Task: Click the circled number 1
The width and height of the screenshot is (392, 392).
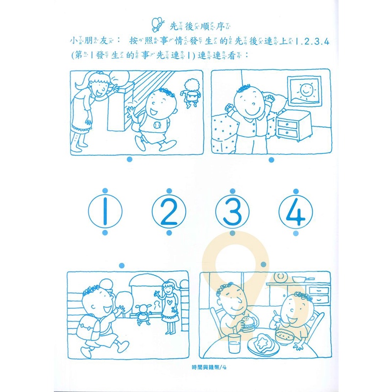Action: [x=105, y=211]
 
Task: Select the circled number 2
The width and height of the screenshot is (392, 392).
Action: [x=169, y=211]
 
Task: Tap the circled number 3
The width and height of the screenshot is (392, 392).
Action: [x=232, y=211]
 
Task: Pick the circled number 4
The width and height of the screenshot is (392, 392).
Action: [x=296, y=212]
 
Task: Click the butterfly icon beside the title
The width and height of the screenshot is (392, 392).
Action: [x=158, y=24]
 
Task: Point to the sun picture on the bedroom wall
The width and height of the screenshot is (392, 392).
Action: [x=304, y=91]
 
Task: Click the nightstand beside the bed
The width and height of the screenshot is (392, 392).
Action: [x=293, y=126]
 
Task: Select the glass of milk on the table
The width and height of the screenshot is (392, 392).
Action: [x=234, y=343]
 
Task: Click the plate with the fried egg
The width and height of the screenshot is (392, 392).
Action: [x=263, y=345]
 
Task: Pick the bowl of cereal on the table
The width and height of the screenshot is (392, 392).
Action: [x=285, y=336]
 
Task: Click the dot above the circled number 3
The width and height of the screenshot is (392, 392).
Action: [x=232, y=191]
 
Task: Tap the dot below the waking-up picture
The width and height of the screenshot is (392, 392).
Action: [x=271, y=160]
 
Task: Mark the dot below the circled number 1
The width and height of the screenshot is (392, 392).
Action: [x=105, y=233]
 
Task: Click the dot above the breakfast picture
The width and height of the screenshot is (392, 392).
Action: [x=263, y=264]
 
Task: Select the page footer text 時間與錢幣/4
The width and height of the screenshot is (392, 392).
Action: [x=209, y=367]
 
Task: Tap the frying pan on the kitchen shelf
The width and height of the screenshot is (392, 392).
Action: [x=302, y=279]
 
